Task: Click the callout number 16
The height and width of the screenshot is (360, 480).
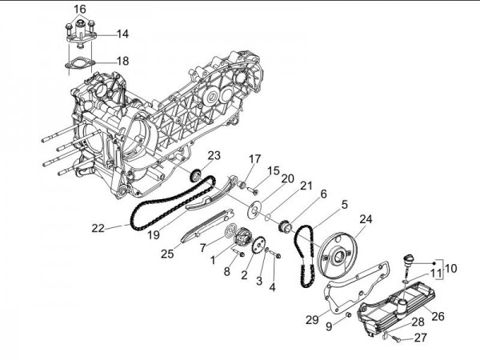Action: pyautogui.click(x=79, y=9)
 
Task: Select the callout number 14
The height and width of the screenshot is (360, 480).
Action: pyautogui.click(x=122, y=34)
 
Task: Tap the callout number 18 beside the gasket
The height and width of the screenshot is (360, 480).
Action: pyautogui.click(x=122, y=61)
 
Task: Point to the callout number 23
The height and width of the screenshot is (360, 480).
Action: pyautogui.click(x=214, y=155)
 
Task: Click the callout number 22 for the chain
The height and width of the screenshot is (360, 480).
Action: pyautogui.click(x=98, y=228)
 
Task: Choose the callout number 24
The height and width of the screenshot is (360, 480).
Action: pyautogui.click(x=366, y=218)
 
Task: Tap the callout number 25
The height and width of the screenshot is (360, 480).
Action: pyautogui.click(x=166, y=254)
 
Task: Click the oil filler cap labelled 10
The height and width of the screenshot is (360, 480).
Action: pyautogui.click(x=410, y=261)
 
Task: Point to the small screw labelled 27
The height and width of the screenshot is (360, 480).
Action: pyautogui.click(x=394, y=339)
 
